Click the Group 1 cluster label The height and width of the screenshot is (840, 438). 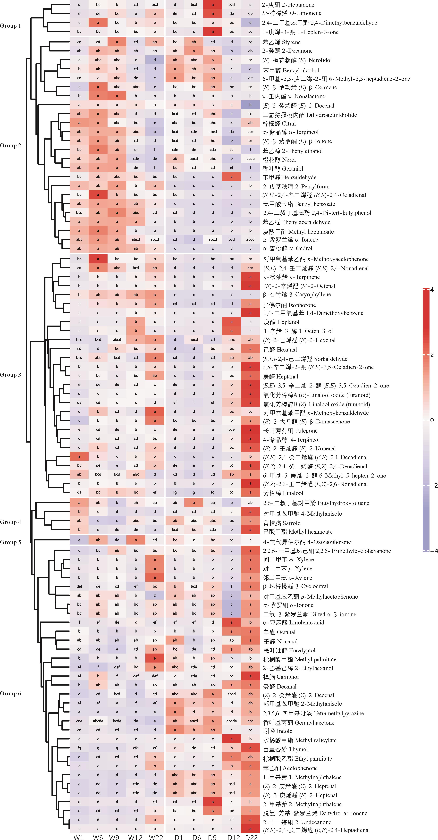click(10, 26)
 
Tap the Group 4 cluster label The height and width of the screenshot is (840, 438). click(10, 522)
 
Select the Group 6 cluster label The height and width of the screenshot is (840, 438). click(10, 693)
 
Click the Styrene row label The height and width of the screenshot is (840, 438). click(281, 42)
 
